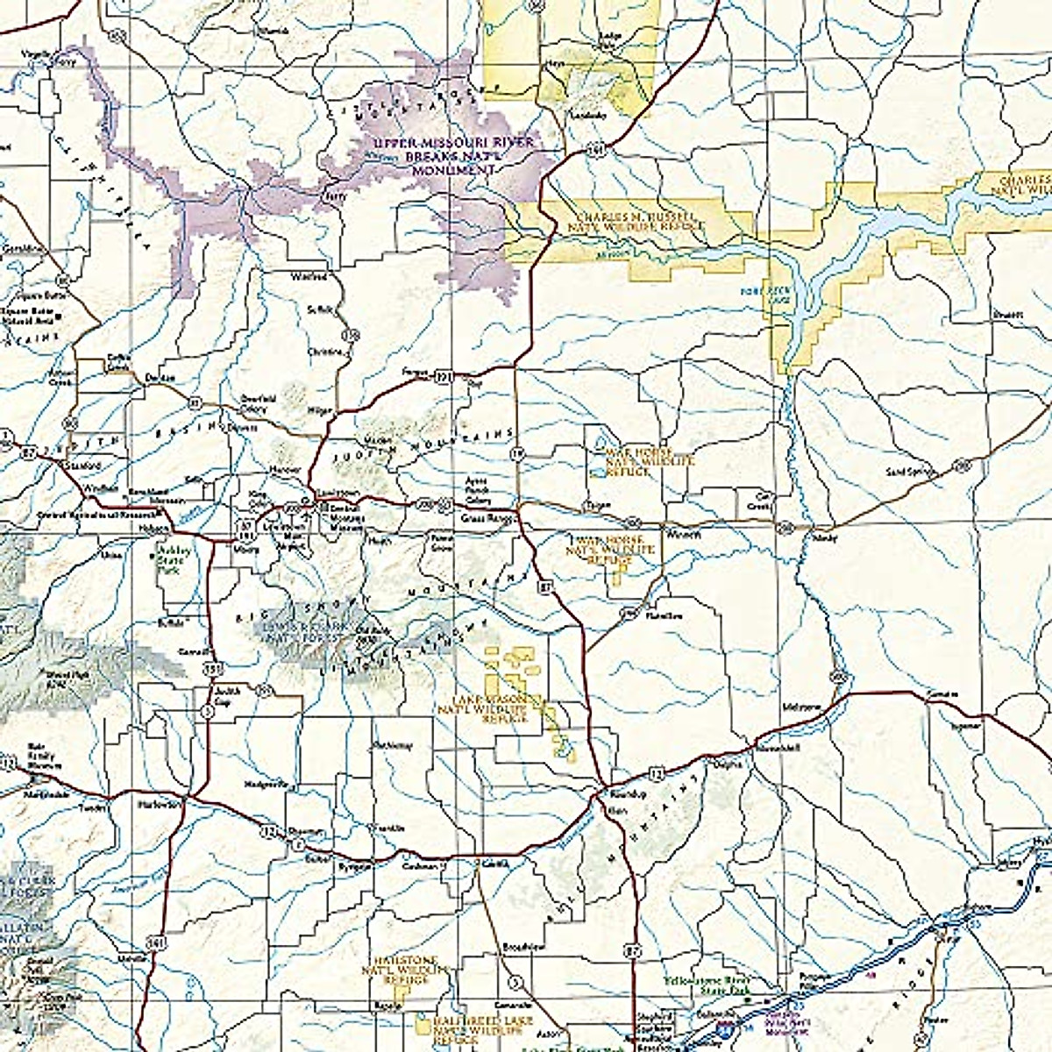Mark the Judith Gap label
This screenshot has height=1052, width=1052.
point(225,700)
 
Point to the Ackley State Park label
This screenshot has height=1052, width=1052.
point(170,560)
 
